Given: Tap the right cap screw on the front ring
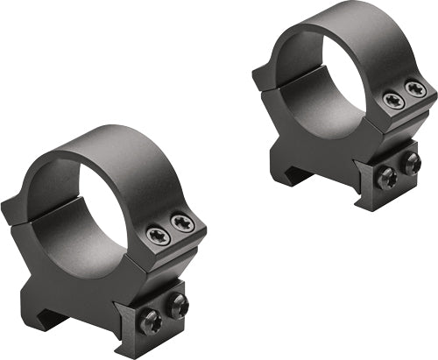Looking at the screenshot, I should (181, 224).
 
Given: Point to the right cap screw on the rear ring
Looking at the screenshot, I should (414, 89).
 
